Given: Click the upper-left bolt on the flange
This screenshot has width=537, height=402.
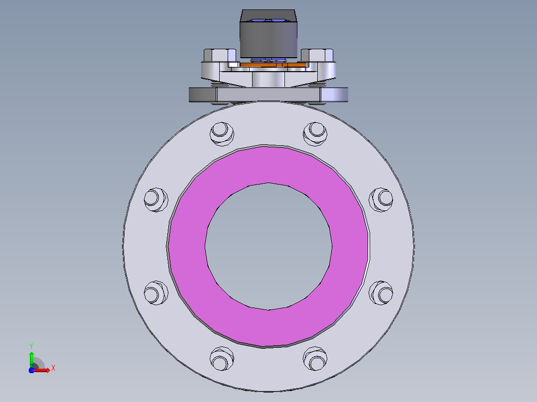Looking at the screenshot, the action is click(x=222, y=133).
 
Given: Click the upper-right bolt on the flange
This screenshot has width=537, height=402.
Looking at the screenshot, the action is click(x=315, y=133).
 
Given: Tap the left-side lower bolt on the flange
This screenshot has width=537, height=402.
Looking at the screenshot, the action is click(x=156, y=293).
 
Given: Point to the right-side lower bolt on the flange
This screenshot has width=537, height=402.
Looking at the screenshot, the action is click(x=381, y=293).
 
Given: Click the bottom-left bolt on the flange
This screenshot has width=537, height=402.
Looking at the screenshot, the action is click(x=222, y=359).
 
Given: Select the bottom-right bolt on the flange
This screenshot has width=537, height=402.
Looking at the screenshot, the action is click(x=315, y=359).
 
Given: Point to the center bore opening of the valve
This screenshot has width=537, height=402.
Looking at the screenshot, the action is click(x=268, y=246).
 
